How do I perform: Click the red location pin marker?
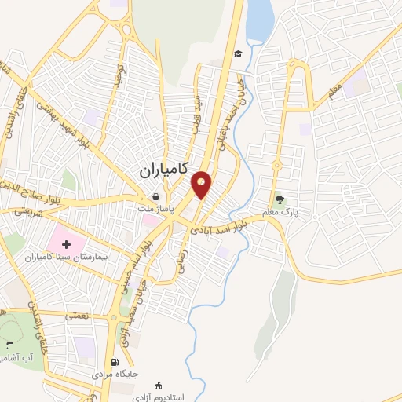click(202, 185)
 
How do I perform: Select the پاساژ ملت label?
click(155, 210)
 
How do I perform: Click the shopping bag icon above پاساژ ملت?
click(155, 196)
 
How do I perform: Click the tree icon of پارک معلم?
click(280, 199)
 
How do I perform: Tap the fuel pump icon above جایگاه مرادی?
click(115, 362)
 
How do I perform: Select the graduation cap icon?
click(237, 53)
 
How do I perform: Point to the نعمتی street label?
click(76, 315)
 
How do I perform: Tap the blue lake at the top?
click(260, 20)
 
